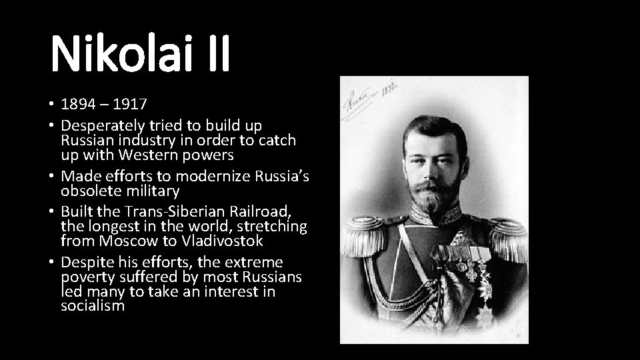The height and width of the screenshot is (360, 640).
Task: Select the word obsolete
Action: click(x=89, y=191)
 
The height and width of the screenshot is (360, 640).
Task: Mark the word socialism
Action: click(x=92, y=306)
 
